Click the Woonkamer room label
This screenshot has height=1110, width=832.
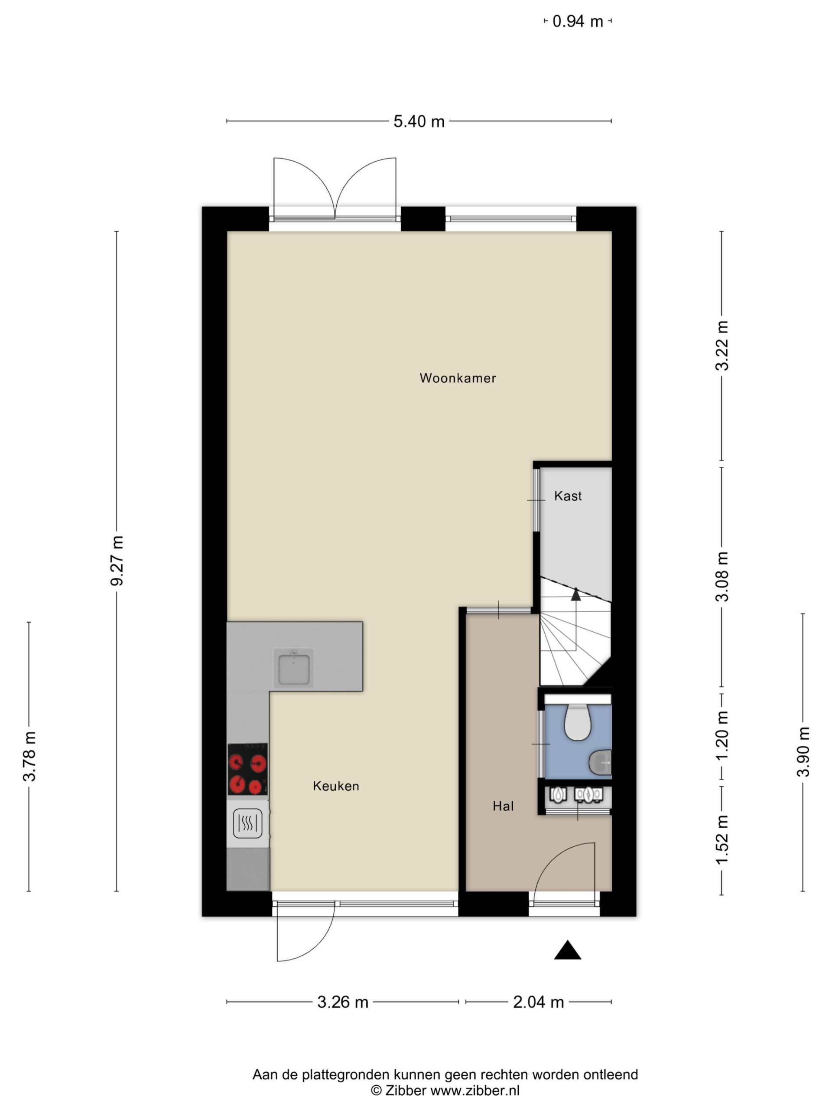[x=457, y=378]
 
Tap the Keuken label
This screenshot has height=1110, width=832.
[x=335, y=786]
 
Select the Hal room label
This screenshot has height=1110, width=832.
[x=503, y=806]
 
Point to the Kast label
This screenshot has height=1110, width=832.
[x=568, y=496]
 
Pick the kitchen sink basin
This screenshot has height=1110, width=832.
[x=293, y=667]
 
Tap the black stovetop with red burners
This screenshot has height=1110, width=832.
[x=247, y=769]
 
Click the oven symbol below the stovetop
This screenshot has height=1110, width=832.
[x=248, y=823]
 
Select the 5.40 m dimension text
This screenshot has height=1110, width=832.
[x=419, y=121]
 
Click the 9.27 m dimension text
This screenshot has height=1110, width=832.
[x=117, y=561]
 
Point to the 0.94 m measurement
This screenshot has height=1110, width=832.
[x=578, y=22]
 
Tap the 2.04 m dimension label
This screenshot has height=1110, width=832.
[x=538, y=1002]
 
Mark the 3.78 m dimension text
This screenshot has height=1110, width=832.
[x=29, y=757]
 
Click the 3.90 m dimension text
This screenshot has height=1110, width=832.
[x=803, y=752]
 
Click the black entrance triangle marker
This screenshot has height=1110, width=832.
[x=567, y=950]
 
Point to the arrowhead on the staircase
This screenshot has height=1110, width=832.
[x=576, y=594]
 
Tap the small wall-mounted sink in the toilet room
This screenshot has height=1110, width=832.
[x=600, y=762]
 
